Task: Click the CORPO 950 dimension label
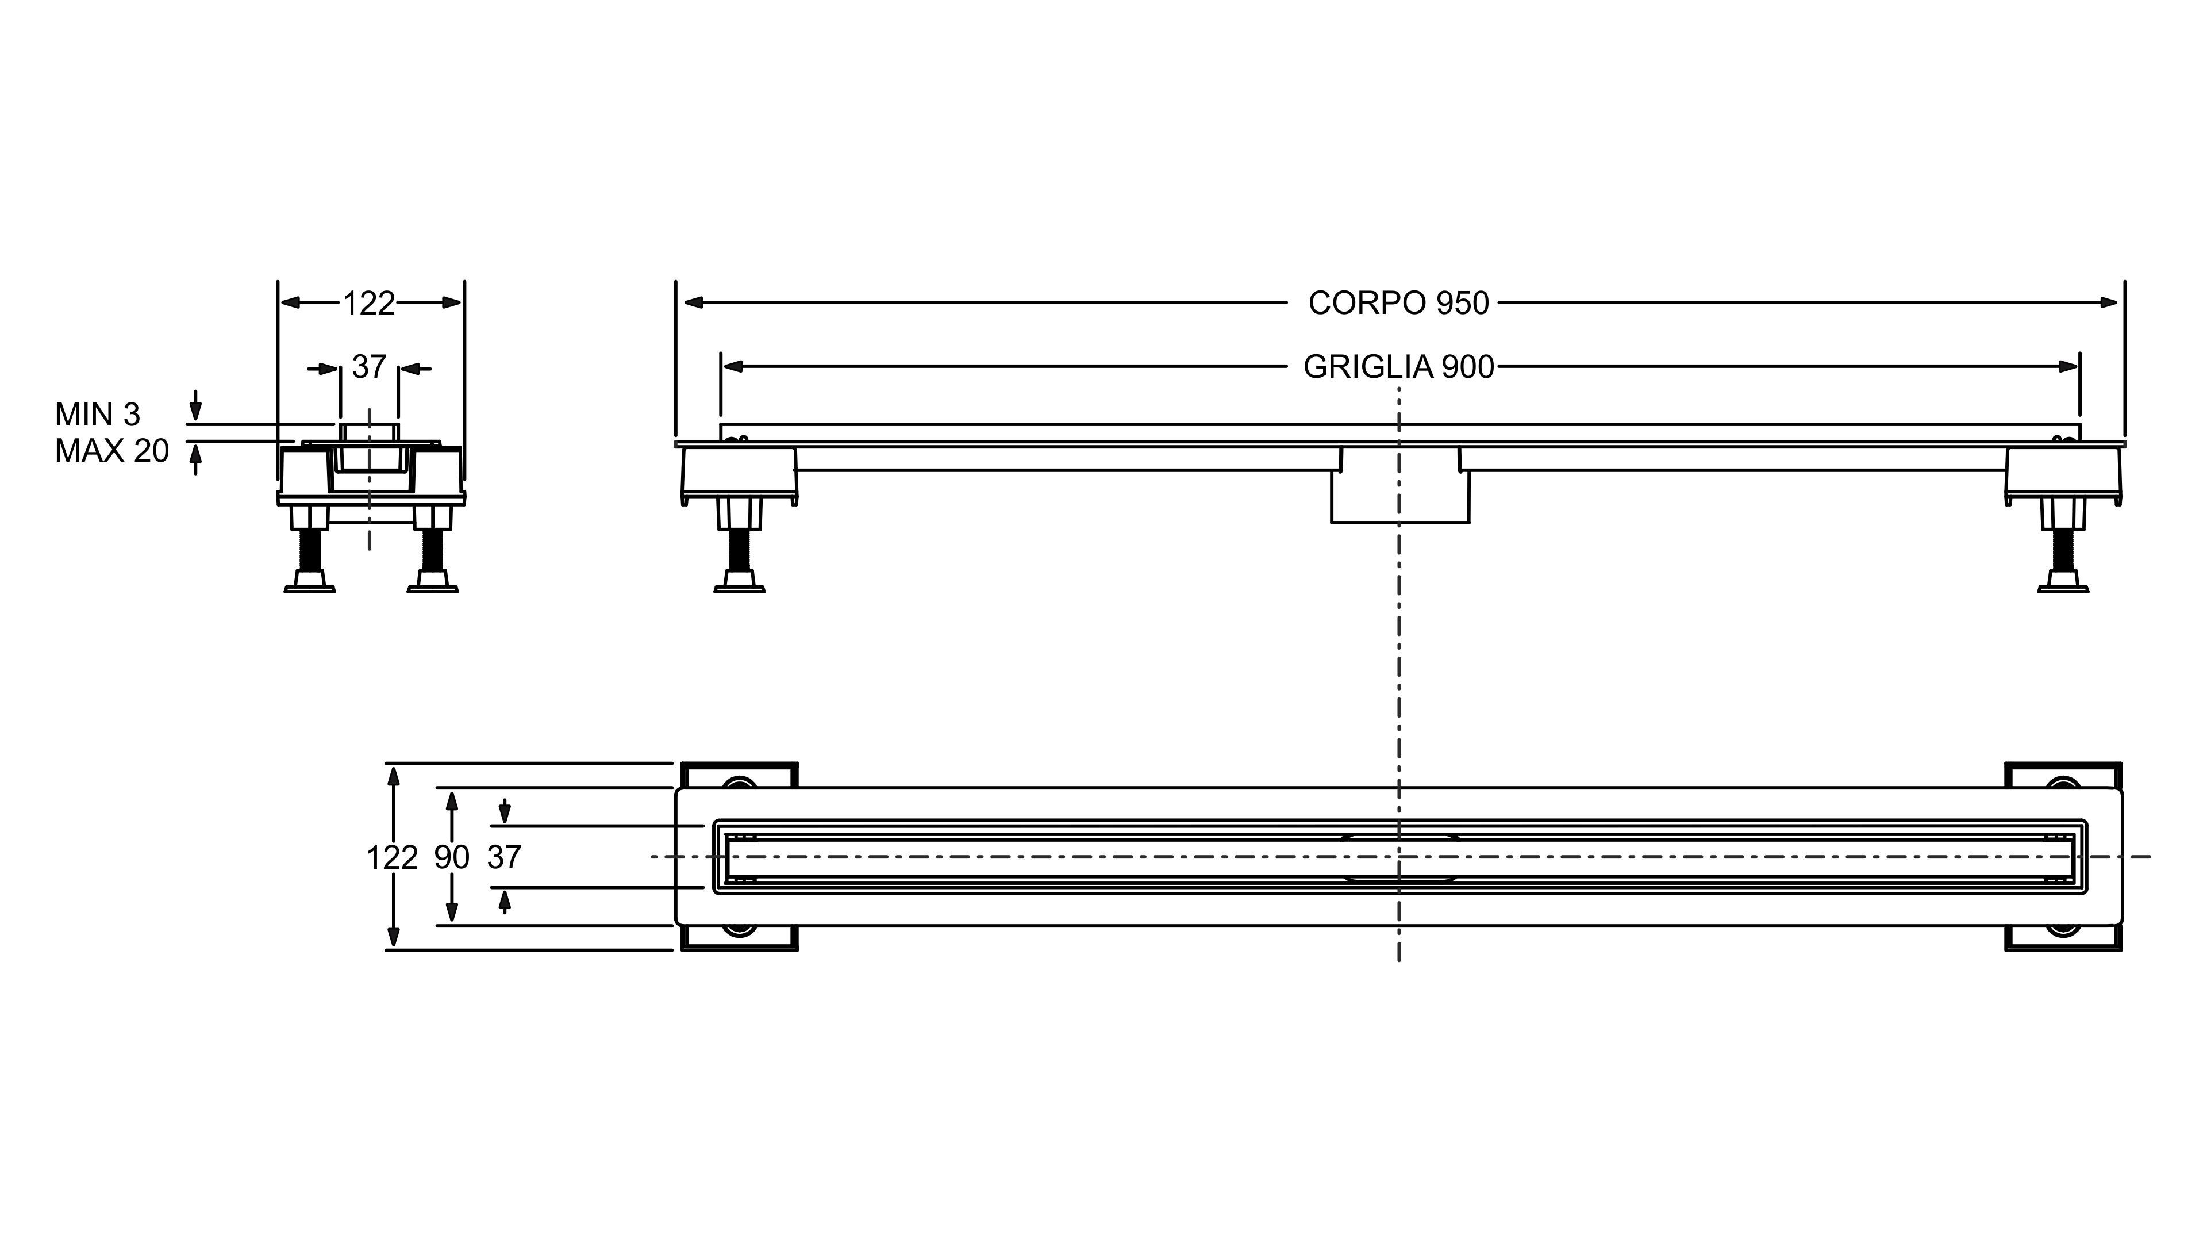pyautogui.click(x=1398, y=304)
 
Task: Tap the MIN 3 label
pyautogui.click(x=98, y=415)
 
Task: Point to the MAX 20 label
pyautogui.click(x=111, y=451)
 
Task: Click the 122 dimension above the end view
pyautogui.click(x=369, y=304)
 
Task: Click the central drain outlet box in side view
pyautogui.click(x=1399, y=497)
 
